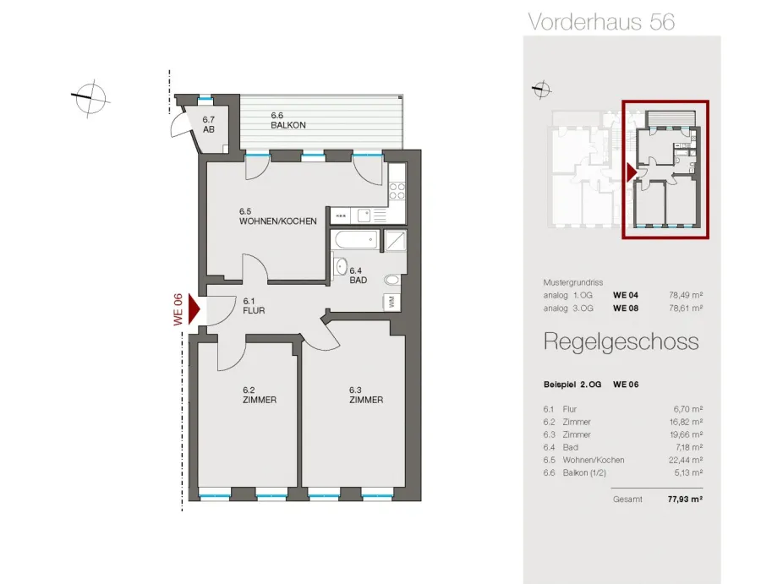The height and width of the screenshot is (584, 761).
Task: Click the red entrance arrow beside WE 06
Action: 194,308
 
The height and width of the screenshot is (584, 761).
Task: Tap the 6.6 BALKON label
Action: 288,120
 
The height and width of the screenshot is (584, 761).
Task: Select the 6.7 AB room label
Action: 209,124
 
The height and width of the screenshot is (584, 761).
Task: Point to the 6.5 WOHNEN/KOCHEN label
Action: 277,216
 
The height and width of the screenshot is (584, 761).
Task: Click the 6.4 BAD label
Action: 359,276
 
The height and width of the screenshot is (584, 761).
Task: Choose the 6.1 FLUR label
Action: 254,306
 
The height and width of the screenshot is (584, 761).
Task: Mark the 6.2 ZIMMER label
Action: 260,396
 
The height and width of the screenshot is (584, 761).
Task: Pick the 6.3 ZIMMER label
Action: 366,396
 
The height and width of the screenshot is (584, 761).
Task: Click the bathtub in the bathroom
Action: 356,240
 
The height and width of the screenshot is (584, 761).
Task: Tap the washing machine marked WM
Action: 391,302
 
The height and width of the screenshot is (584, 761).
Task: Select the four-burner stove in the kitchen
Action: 397,191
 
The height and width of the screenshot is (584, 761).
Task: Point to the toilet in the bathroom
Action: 391,280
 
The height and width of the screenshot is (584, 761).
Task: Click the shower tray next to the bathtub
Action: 395,240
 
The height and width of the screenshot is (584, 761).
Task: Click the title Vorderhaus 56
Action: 601,22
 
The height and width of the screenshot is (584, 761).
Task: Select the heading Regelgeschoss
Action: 621,342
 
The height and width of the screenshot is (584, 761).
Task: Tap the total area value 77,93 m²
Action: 685,499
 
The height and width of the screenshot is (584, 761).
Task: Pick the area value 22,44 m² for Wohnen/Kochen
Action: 686,460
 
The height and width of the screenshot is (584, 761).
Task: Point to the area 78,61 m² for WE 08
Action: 686,308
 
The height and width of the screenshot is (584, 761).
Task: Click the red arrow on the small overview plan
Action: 632,172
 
